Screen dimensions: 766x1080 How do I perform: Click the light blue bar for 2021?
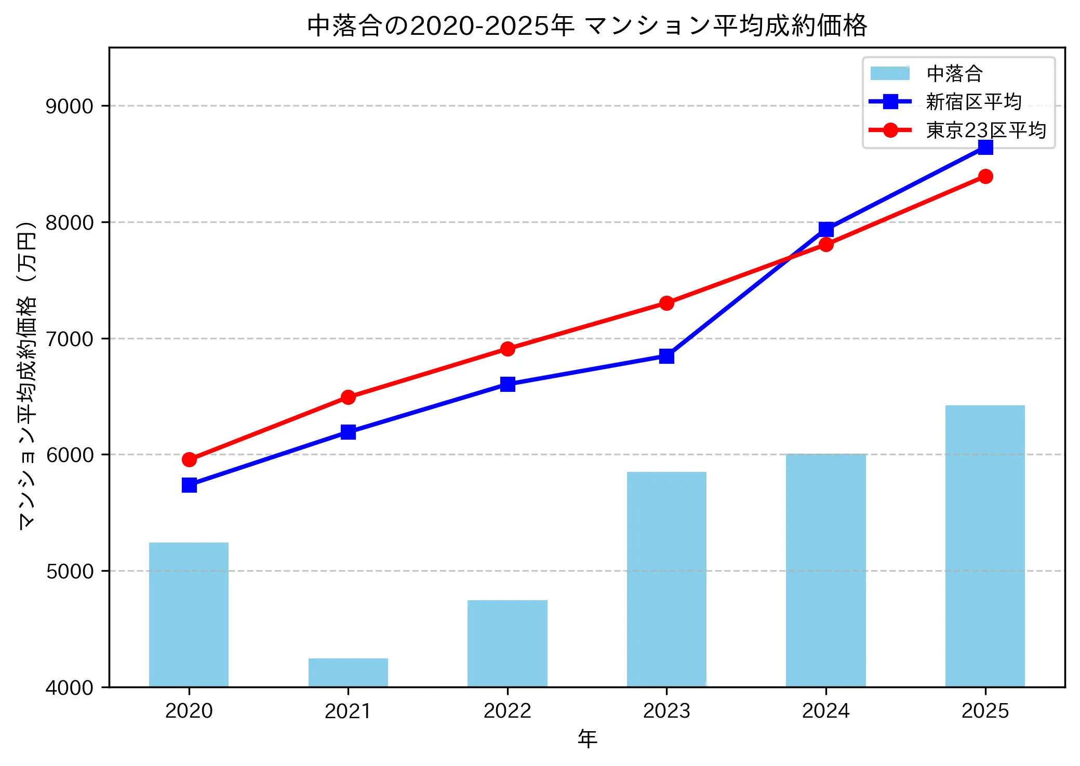[348, 672]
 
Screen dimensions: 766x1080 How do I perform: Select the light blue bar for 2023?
[666, 579]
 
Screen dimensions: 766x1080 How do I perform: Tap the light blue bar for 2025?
[985, 546]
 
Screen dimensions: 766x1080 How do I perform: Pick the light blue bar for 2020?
[189, 614]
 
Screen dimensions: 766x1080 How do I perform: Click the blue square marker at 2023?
[666, 356]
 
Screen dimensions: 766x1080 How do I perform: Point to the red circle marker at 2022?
[508, 349]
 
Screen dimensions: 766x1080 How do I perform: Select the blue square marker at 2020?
[189, 485]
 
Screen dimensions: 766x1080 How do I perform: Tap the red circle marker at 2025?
[985, 177]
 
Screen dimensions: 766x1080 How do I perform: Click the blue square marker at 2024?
[826, 229]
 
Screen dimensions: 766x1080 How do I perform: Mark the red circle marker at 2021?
[348, 398]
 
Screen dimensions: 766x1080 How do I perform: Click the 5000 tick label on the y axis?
[70, 571]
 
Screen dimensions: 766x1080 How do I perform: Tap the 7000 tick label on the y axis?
[70, 339]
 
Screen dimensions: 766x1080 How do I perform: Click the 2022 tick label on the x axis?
[507, 711]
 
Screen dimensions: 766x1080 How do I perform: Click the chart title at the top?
[587, 25]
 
